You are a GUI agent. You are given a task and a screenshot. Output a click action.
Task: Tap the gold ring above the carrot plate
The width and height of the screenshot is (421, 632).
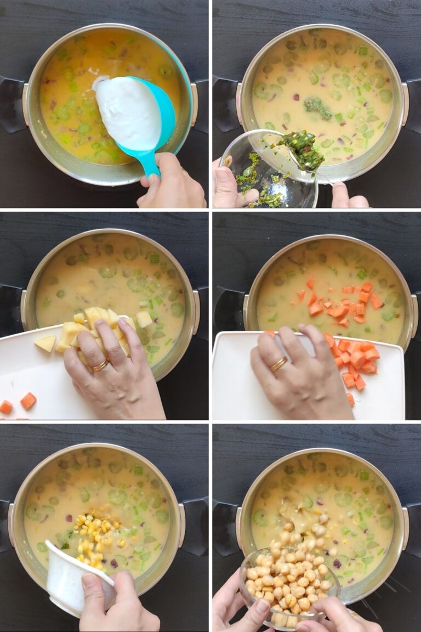pyautogui.click(x=279, y=364)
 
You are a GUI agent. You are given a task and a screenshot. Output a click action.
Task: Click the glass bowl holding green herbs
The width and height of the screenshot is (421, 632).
pyautogui.click(x=263, y=176)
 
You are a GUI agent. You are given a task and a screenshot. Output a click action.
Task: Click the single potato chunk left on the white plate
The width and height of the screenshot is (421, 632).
pyautogui.click(x=45, y=343)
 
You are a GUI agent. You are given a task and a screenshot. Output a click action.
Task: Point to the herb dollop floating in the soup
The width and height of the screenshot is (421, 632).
pyautogui.click(x=318, y=108)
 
